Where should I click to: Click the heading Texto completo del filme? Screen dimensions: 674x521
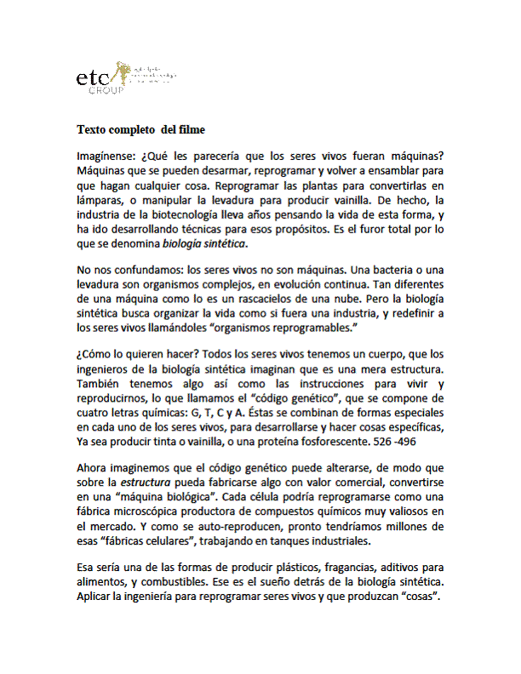(x=140, y=130)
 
